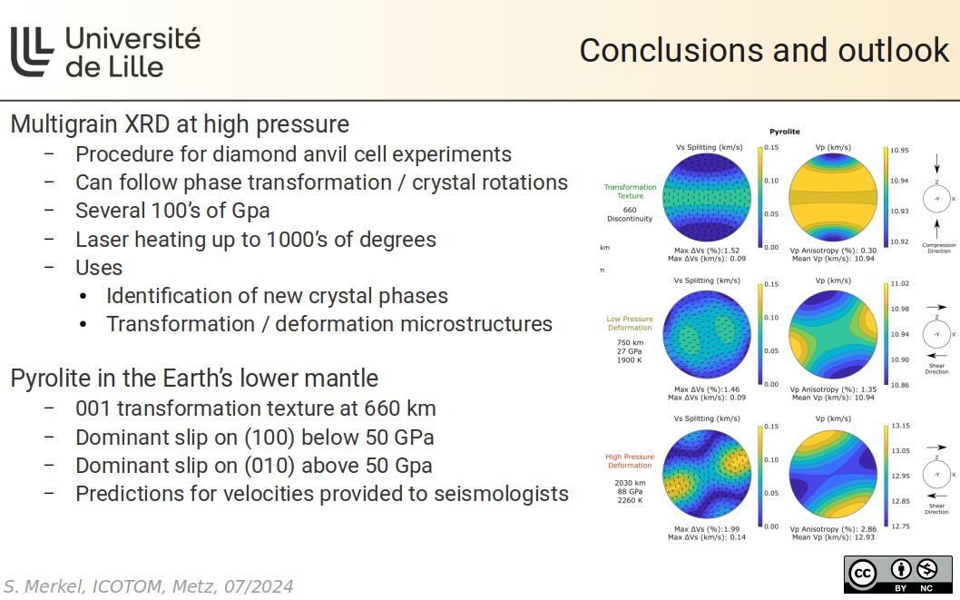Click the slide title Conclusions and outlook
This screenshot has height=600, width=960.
[x=763, y=51]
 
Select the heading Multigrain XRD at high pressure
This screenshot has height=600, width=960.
[x=180, y=124]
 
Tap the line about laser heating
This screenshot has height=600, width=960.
[x=255, y=240]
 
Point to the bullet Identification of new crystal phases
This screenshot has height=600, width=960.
[x=277, y=296]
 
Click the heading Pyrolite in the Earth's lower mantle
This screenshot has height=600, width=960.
[x=194, y=379]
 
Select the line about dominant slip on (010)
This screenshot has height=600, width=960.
[x=253, y=466]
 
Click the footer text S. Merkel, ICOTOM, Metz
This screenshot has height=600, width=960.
[x=149, y=586]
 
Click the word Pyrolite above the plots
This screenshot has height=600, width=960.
[x=784, y=132]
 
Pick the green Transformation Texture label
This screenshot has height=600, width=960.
[x=630, y=192]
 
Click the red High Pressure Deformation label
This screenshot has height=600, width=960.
[x=630, y=461]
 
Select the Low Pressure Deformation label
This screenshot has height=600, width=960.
[x=630, y=323]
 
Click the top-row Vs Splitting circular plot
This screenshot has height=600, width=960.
[x=708, y=197]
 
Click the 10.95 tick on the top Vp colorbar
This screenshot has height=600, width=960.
[x=899, y=150]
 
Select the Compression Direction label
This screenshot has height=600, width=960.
[x=938, y=248]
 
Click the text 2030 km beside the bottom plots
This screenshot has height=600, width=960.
[x=630, y=483]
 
